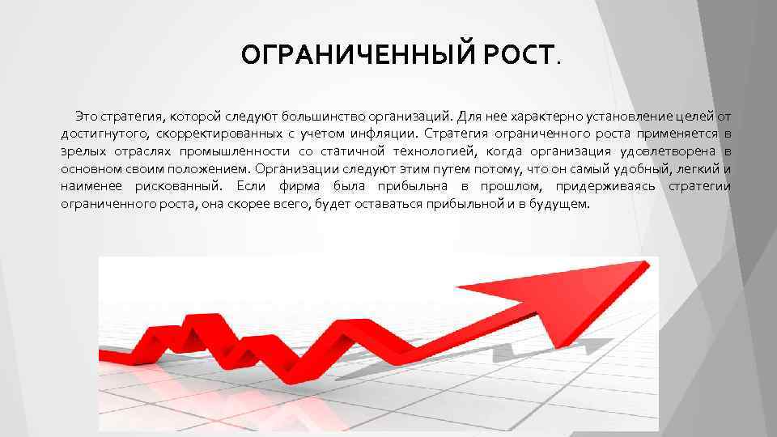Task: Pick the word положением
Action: click(209, 169)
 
